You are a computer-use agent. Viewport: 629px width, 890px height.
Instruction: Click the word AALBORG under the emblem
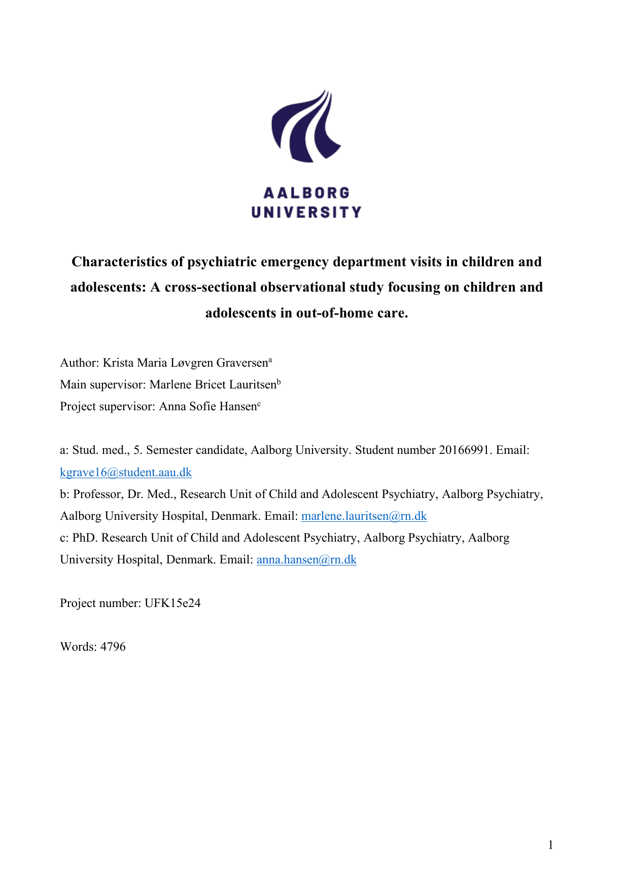(306, 193)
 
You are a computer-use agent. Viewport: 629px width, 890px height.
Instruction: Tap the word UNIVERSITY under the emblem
(306, 212)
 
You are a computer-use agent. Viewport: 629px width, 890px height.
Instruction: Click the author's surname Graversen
(242, 363)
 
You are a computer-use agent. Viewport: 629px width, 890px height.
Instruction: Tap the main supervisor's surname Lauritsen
(252, 385)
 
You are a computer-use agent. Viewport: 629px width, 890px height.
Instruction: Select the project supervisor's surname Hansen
(238, 407)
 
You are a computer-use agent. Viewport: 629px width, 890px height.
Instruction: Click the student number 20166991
(465, 450)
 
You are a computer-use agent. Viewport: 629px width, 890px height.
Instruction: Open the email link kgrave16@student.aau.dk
(126, 473)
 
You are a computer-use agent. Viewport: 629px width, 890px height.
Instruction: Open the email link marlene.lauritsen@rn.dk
(364, 516)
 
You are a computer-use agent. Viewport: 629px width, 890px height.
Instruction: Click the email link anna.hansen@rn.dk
(306, 560)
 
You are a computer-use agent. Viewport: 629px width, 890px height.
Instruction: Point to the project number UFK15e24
(172, 603)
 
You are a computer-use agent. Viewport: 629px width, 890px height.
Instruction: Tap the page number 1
(550, 845)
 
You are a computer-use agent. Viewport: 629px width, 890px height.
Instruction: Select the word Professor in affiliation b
(96, 494)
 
